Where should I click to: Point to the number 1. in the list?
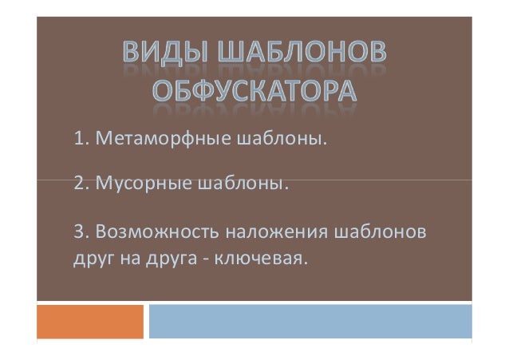pyautogui.click(x=81, y=142)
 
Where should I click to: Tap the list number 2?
pyautogui.click(x=81, y=187)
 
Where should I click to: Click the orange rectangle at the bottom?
pyautogui.click(x=90, y=322)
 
